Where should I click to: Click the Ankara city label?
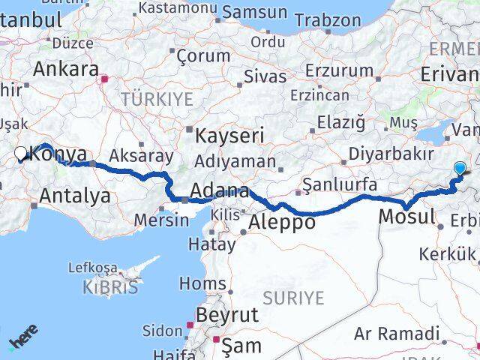pyautogui.click(x=66, y=70)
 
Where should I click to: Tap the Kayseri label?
pyautogui.click(x=229, y=136)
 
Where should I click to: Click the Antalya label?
pyautogui.click(x=75, y=196)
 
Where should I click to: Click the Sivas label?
pyautogui.click(x=265, y=76)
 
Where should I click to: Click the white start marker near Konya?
pyautogui.click(x=20, y=154)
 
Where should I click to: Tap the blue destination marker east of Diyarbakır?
pyautogui.click(x=460, y=170)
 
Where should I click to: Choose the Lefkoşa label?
pyautogui.click(x=93, y=268)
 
